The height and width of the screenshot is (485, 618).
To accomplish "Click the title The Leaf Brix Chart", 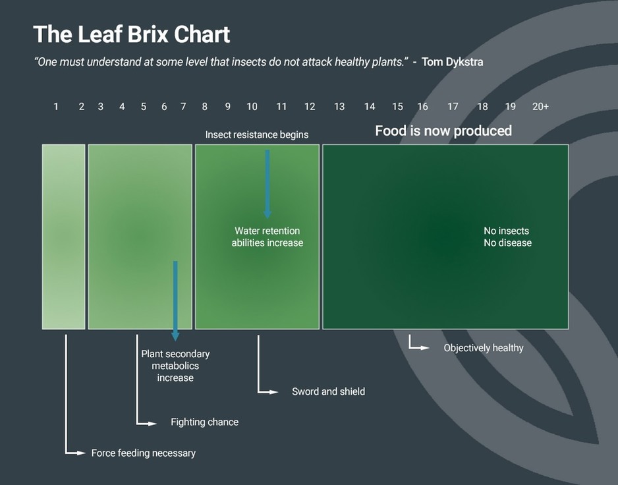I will click(x=132, y=34).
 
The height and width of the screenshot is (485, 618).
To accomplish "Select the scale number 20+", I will click(x=540, y=107).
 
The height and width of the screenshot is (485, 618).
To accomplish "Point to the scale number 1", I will click(x=56, y=107).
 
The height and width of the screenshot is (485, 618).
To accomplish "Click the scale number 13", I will click(x=339, y=107).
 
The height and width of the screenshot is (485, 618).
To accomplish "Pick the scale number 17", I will click(x=453, y=107).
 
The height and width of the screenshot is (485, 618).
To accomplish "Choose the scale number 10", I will click(x=252, y=107).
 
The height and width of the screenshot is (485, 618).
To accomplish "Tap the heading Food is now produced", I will click(x=443, y=130).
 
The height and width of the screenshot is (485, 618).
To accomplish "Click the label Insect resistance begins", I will click(x=257, y=135).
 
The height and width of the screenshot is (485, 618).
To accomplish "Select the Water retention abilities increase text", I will click(x=267, y=237).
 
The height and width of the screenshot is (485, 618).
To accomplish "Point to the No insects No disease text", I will click(x=507, y=237).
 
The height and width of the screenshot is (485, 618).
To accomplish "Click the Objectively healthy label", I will click(x=483, y=348).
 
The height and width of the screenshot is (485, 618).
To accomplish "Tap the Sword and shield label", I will click(x=328, y=391).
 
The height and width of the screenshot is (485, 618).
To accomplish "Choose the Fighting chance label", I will click(x=204, y=422).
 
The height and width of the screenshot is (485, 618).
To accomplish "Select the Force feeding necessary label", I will click(x=143, y=453).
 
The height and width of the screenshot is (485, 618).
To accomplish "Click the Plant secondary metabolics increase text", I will click(x=175, y=366).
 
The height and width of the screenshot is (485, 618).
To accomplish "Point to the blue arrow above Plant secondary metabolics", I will click(x=175, y=300).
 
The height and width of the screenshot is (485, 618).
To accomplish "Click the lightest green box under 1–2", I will click(x=64, y=237).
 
